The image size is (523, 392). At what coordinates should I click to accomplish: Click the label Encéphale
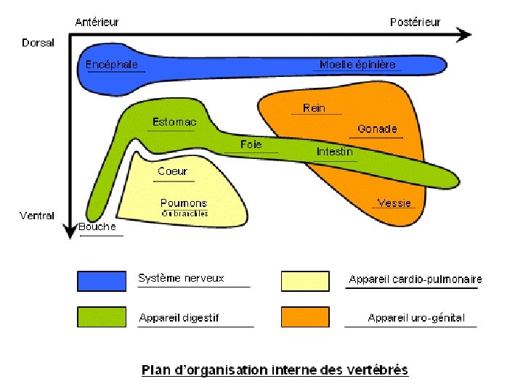(112, 65)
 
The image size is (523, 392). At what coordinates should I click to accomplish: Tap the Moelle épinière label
(357, 65)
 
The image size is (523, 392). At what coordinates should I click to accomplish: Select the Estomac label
(174, 122)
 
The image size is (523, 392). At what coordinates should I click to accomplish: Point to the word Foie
(251, 144)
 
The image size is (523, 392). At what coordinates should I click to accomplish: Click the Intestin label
(335, 152)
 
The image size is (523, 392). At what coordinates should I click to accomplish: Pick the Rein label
(314, 108)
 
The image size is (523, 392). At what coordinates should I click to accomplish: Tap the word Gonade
(377, 129)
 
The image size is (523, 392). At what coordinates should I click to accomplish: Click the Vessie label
(394, 203)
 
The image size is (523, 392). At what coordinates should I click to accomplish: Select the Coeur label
(172, 172)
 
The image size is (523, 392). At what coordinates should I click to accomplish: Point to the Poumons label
(184, 203)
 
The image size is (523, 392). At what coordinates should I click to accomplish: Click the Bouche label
(97, 226)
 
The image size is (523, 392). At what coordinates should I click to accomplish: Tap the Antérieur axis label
(98, 22)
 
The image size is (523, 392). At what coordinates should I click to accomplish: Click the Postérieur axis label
(415, 22)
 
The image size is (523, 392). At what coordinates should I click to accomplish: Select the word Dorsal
(38, 43)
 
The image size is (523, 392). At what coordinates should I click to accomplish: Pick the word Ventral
(36, 216)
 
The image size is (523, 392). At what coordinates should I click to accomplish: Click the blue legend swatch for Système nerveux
(102, 280)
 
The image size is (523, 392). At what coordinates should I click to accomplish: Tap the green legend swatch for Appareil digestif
(102, 317)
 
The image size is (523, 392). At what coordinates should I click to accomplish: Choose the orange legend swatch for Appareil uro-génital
(305, 317)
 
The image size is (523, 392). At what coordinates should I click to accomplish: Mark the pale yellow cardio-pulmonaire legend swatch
(305, 280)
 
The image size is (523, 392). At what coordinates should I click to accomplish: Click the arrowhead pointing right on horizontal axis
(465, 34)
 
